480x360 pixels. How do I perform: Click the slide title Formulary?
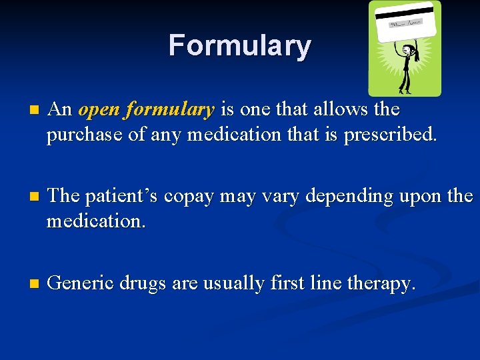239,46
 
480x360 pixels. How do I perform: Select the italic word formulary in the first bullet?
170,109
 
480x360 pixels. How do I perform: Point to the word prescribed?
391,135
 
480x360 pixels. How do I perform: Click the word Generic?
81,283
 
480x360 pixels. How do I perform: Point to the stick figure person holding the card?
405,67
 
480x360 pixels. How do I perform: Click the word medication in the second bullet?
95,221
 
